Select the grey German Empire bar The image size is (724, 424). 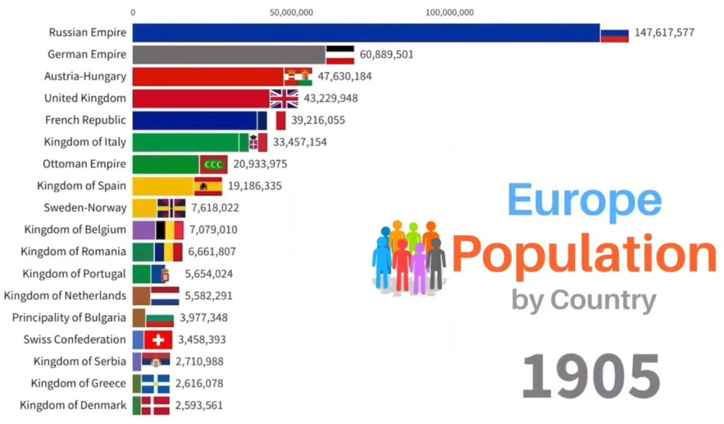(228, 55)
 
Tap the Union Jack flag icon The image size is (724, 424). (284, 98)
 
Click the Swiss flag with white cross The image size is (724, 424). (158, 340)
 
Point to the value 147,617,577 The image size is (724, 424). (664, 33)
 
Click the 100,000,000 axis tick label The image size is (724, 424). (450, 11)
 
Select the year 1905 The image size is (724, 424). (590, 376)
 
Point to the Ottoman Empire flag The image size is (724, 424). (213, 164)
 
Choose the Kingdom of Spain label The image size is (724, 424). (81, 186)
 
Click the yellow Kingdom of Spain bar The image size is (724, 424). (163, 186)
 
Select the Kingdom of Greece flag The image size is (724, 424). (155, 384)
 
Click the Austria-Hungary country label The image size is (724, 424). (85, 76)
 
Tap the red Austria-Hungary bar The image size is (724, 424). (208, 76)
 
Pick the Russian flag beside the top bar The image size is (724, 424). (614, 33)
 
